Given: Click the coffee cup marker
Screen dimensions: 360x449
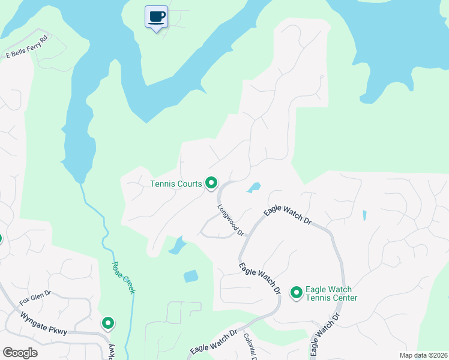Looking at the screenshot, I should tap(157, 17).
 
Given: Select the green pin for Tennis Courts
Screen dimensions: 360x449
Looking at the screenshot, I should tap(211, 182).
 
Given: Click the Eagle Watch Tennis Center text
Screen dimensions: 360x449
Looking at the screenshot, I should tap(331, 293).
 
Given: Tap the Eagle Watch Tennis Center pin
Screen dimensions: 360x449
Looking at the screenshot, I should tap(296, 293).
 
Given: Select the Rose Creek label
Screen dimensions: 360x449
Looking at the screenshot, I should tap(123, 277).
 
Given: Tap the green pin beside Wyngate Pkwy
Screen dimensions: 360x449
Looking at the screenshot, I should tap(108, 323).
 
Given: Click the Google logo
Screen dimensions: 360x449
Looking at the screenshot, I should tap(20, 353).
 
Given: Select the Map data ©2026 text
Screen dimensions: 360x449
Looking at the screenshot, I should tap(423, 355).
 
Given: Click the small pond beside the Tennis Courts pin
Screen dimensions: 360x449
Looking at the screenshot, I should tap(254, 187).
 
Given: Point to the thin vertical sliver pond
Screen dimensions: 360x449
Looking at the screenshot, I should tap(364, 215).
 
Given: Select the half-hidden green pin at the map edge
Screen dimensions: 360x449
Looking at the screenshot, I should tap(1, 239).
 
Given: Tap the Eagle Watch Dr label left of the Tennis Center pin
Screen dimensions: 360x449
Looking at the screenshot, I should tap(260, 278).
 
